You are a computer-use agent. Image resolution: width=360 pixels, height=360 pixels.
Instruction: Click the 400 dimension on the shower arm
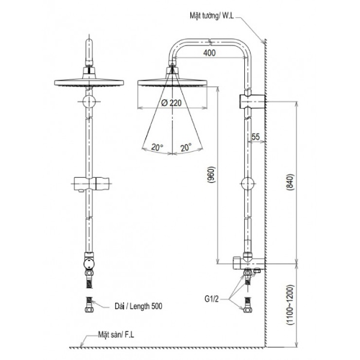coord(209,53)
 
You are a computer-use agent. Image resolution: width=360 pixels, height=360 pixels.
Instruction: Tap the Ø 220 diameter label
coord(171,103)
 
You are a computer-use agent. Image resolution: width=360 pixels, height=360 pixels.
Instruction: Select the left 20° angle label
coord(157,147)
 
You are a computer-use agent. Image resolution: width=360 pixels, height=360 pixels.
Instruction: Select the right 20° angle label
coord(186,147)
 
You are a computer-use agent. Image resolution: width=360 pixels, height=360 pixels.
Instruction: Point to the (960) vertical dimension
coord(211,175)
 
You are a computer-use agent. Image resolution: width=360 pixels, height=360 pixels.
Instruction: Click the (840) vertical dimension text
coord(290,182)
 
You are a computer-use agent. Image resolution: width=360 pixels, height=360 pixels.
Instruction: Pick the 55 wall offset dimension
coord(256,137)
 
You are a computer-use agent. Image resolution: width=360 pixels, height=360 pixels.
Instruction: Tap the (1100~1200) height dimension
coord(290,305)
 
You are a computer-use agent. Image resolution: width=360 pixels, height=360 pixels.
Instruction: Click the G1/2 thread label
coord(212,299)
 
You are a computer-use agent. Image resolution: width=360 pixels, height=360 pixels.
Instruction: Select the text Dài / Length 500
coord(139,306)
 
